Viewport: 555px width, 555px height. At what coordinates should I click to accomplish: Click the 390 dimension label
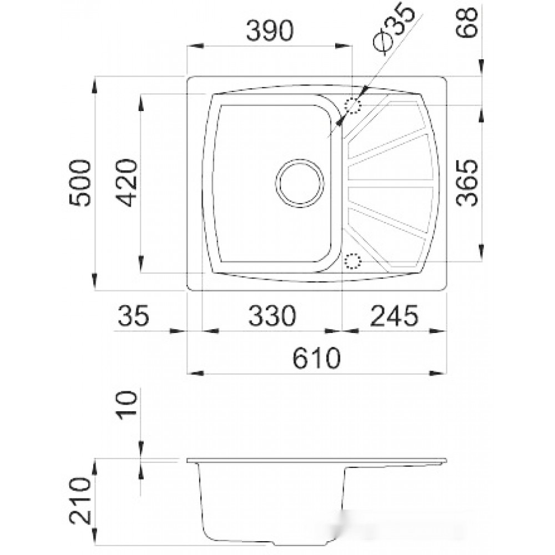coord(270,31)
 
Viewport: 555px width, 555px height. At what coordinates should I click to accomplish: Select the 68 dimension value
coord(467,22)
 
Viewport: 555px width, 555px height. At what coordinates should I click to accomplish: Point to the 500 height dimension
coord(80,183)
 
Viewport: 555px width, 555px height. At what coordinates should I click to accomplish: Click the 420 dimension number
coord(127,183)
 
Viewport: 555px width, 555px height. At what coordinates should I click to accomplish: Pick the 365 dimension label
coord(467,183)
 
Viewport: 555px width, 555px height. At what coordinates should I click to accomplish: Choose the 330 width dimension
coord(272,315)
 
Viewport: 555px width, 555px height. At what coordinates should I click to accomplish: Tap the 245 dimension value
coord(394,315)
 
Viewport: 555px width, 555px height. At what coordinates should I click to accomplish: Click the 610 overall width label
coord(316,358)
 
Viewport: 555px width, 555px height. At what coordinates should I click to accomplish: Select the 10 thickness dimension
coord(127,405)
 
